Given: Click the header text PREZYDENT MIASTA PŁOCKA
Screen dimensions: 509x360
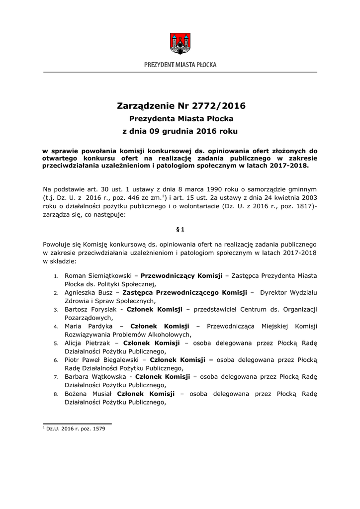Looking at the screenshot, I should coord(180,65).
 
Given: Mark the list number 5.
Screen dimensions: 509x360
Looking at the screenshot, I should coord(56,343).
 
